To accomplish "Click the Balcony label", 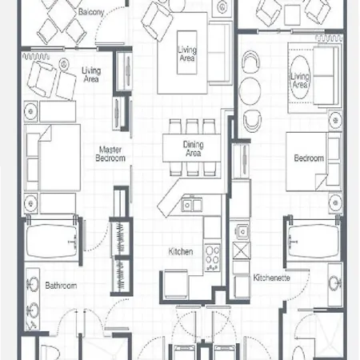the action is pyautogui.click(x=91, y=12).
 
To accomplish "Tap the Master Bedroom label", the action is pyautogui.click(x=110, y=154).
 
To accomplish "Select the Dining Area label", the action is pyautogui.click(x=194, y=149).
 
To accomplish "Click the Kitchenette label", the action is pyautogui.click(x=271, y=278).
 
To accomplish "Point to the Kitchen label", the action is pyautogui.click(x=181, y=251).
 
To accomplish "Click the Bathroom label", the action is pyautogui.click(x=61, y=286).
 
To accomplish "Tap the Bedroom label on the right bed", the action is pyautogui.click(x=309, y=158).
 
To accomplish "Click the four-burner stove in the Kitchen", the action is pyautogui.click(x=213, y=258).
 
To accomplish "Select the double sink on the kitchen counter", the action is pyautogui.click(x=192, y=205).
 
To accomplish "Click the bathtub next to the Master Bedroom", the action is pyautogui.click(x=52, y=242).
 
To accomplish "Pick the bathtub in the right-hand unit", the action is pyautogui.click(x=314, y=241).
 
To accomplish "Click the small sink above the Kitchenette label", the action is pyautogui.click(x=242, y=231).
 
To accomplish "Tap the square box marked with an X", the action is pyautogui.click(x=242, y=250).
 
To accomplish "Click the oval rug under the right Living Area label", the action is pyautogui.click(x=300, y=78).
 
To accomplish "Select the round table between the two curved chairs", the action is pyautogui.click(x=250, y=90).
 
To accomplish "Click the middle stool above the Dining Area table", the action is pyautogui.click(x=192, y=126).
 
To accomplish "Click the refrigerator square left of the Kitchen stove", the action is pyautogui.click(x=176, y=284).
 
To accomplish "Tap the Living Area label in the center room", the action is pyautogui.click(x=187, y=54).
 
